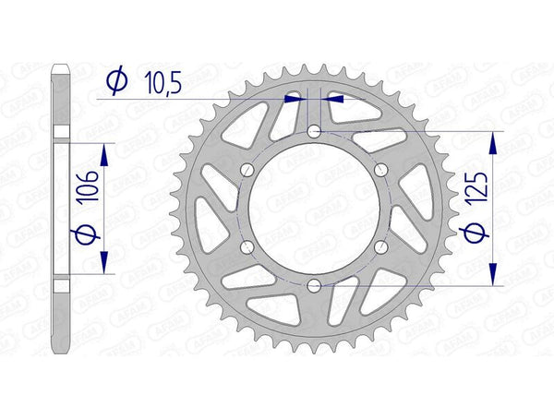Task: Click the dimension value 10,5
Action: pyautogui.click(x=163, y=83)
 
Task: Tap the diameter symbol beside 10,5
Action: pyautogui.click(x=116, y=83)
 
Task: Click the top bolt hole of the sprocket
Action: pyautogui.click(x=314, y=132)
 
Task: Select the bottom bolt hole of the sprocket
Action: pyautogui.click(x=314, y=285)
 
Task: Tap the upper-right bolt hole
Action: pyautogui.click(x=379, y=170)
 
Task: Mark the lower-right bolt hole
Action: pyautogui.click(x=379, y=246)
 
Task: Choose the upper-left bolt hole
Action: pyautogui.click(x=247, y=170)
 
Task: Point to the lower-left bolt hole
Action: pyautogui.click(x=247, y=246)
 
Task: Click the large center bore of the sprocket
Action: pyautogui.click(x=314, y=209)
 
